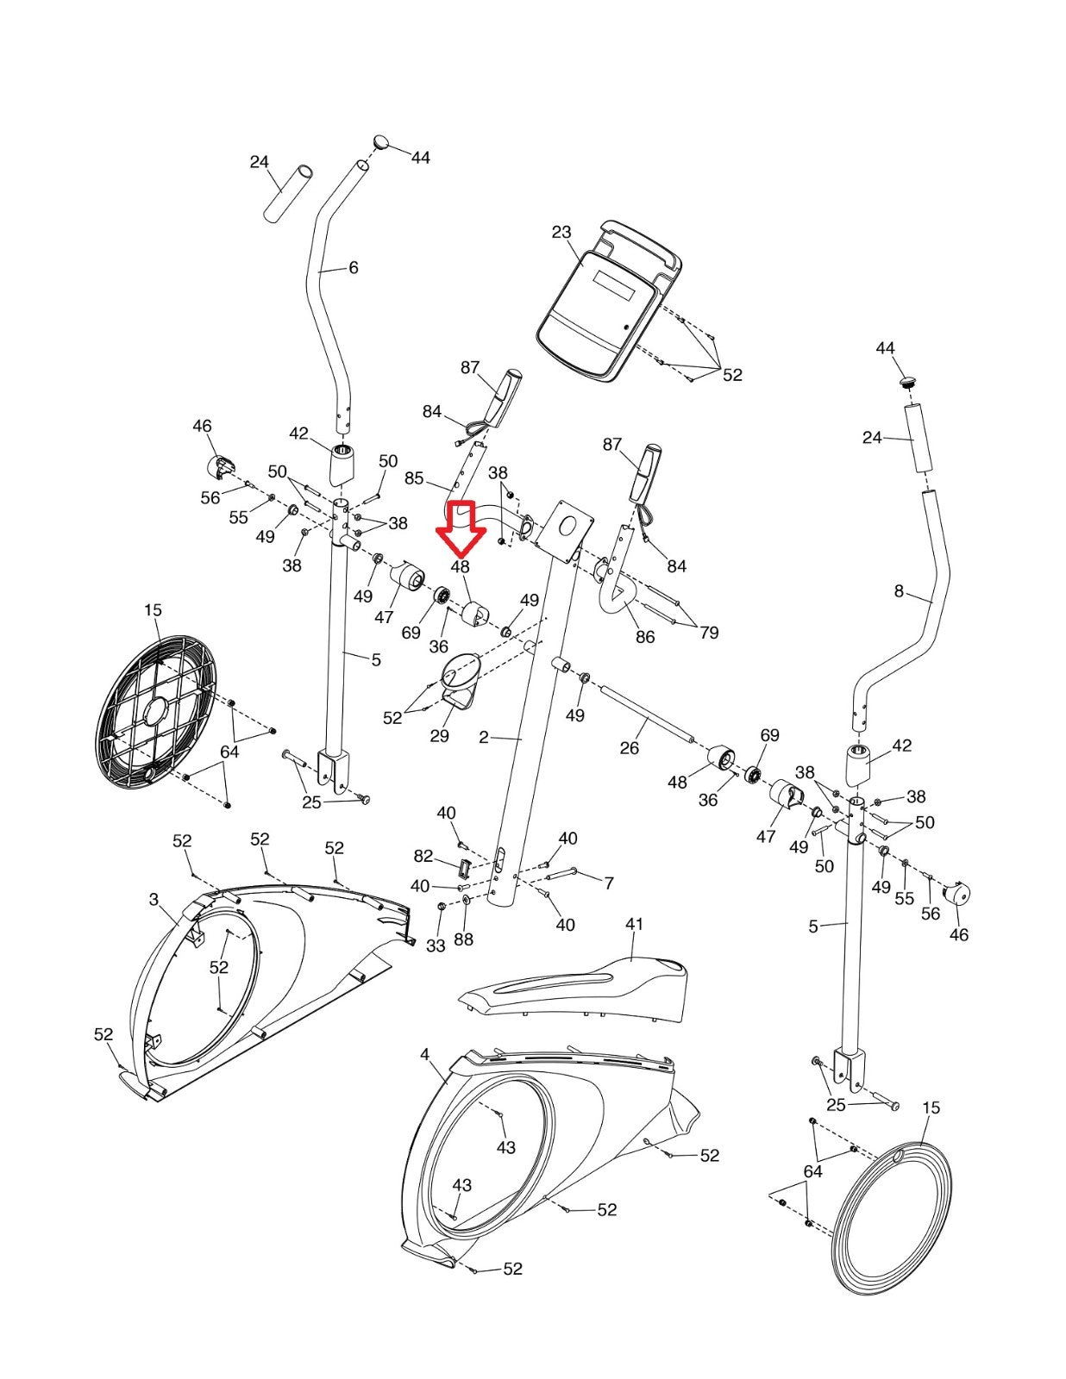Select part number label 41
tap(634, 924)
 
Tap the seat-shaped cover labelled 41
tap(578, 987)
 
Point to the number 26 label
tap(630, 748)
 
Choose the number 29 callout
tap(439, 736)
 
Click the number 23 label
tap(561, 232)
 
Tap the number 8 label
tap(899, 591)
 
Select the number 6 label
tap(354, 268)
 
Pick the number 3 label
tap(154, 900)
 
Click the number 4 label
tap(424, 1054)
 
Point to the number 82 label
tap(423, 856)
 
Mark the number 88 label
tap(463, 939)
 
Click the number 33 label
tap(436, 945)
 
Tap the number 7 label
tap(609, 883)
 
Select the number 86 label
tap(644, 637)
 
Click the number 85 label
tap(414, 478)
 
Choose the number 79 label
tap(709, 633)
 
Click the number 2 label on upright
tap(484, 737)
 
